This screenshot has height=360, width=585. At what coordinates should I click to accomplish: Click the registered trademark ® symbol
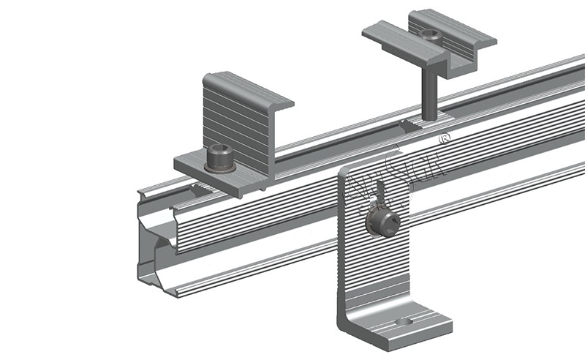pos(442,138)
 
